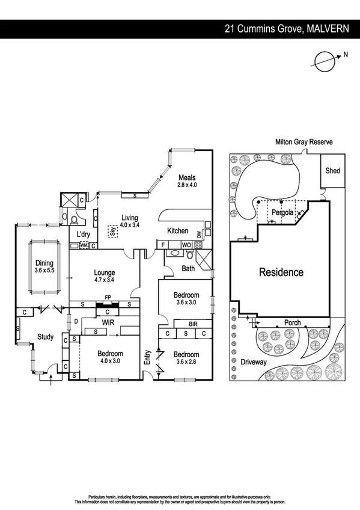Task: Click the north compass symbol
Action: coord(325,59)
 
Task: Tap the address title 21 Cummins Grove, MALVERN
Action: coord(286,28)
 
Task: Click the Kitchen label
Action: coord(178,231)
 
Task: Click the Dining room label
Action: coord(44,263)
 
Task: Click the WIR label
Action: coord(108,323)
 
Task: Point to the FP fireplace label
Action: coord(108,297)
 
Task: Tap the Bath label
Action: coord(188,268)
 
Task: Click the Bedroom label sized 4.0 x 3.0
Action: coord(111,354)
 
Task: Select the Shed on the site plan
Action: coord(332,171)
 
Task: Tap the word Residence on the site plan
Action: coord(281,272)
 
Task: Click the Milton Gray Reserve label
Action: coord(304,142)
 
